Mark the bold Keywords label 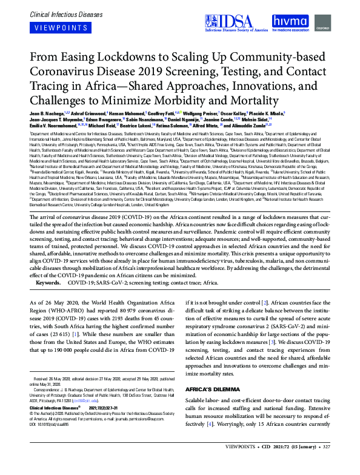(47, 282)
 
